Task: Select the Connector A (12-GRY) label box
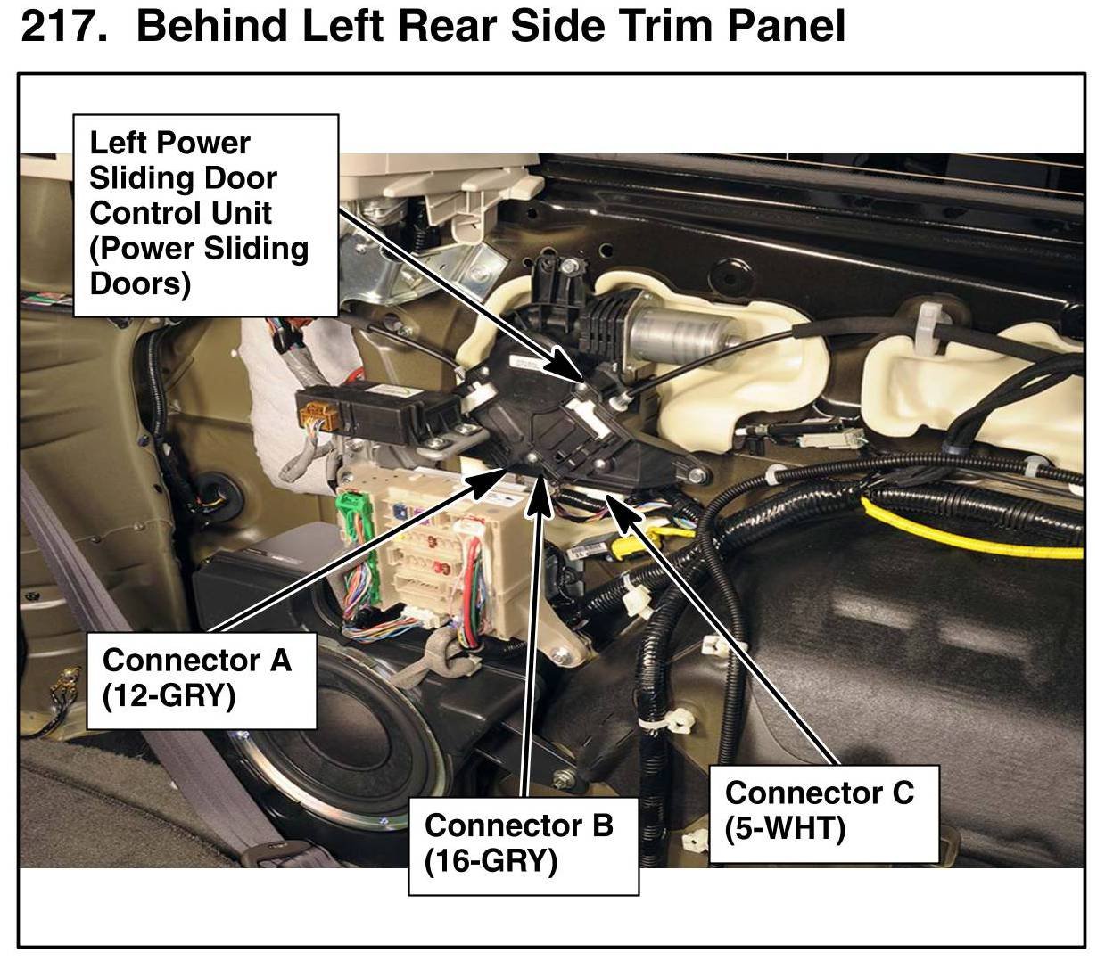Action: pyautogui.click(x=201, y=679)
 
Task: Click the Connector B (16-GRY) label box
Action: pyautogui.click(x=523, y=846)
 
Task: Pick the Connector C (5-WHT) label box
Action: pyautogui.click(x=823, y=814)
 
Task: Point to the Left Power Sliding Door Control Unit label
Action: pyautogui.click(x=206, y=215)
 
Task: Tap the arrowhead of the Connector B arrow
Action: pyautogui.click(x=540, y=491)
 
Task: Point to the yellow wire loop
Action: pyautogui.click(x=969, y=530)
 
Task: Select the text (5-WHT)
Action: pyautogui.click(x=785, y=828)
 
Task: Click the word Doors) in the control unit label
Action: pyautogui.click(x=140, y=283)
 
